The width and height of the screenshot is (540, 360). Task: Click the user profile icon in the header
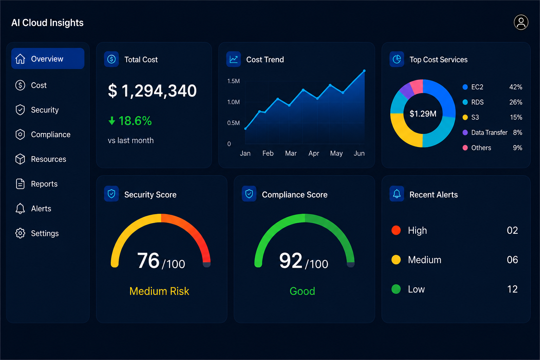pos(521,22)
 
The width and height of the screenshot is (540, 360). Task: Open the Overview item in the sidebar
pos(48,59)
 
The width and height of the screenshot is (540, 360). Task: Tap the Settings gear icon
pos(20,233)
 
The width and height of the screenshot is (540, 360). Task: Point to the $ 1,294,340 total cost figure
pos(152,91)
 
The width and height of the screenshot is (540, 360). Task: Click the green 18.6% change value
pos(135,121)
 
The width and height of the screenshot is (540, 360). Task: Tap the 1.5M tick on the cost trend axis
pos(233,81)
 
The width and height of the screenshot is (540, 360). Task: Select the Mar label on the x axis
pos(291,153)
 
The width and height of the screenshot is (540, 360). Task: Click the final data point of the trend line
pos(364,71)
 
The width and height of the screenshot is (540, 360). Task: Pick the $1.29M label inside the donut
pos(423,114)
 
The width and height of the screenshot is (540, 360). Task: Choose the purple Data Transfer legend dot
pos(465,133)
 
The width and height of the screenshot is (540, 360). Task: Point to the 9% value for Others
pos(517,148)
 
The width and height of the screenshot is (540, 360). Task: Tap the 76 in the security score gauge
pos(148,261)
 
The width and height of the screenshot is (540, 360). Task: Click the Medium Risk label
pos(159,291)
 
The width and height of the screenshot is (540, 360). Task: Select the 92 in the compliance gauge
pos(291,261)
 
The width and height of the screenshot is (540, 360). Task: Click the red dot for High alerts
pos(396,230)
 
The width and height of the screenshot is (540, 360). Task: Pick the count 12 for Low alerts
pos(512,289)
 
